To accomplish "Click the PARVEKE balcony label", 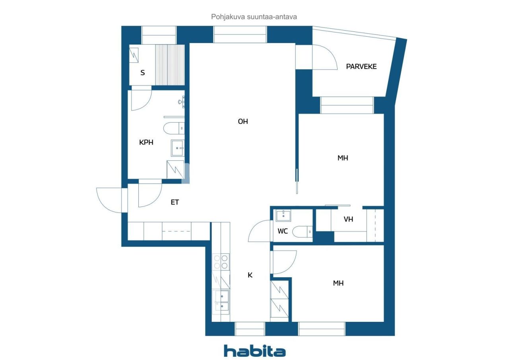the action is [361, 66].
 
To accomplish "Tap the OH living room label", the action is [243, 122].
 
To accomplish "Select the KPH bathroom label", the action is [146, 142].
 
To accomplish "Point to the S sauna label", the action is [142, 73].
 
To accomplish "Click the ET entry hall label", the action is [175, 202].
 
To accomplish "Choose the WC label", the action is [283, 232].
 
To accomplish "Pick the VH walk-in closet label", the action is [348, 219].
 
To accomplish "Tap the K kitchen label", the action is [250, 275].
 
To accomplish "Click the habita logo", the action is [255, 351].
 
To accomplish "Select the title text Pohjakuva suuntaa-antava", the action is [254, 17].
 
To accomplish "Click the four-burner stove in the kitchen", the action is [221, 262].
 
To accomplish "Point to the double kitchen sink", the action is [221, 302].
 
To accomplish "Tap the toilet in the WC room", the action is [302, 232].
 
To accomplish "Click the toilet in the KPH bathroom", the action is [174, 128].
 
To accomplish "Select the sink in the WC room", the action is [283, 216].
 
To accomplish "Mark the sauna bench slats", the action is [170, 65].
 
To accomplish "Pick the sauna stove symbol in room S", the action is [134, 55].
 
